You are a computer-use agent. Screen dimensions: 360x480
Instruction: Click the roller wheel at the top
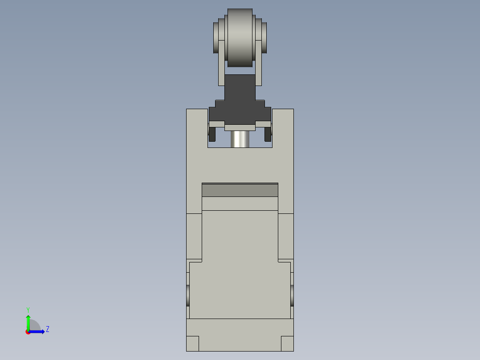coord(240,38)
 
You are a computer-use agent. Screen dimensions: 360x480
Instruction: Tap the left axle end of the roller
coord(216,37)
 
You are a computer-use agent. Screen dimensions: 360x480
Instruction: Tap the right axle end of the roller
coord(264,37)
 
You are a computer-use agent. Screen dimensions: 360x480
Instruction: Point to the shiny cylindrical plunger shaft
coord(240,139)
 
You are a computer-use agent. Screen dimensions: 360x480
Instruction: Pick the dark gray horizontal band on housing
coord(240,190)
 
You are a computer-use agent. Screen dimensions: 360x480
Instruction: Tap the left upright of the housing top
coord(197,129)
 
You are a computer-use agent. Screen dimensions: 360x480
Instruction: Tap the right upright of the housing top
coord(283,129)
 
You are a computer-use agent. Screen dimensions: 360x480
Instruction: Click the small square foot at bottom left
coord(192,344)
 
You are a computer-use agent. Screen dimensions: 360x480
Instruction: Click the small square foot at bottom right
coord(287,344)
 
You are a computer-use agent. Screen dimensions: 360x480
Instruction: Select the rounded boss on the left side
coord(188,295)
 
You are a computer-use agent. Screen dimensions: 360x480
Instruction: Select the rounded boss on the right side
coord(292,295)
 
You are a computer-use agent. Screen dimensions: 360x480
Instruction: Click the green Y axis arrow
coord(28,322)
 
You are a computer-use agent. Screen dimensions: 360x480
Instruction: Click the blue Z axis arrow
coord(38,331)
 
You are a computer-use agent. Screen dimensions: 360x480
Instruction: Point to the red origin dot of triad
coord(28,332)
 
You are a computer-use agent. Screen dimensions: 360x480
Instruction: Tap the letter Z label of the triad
coord(47,329)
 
